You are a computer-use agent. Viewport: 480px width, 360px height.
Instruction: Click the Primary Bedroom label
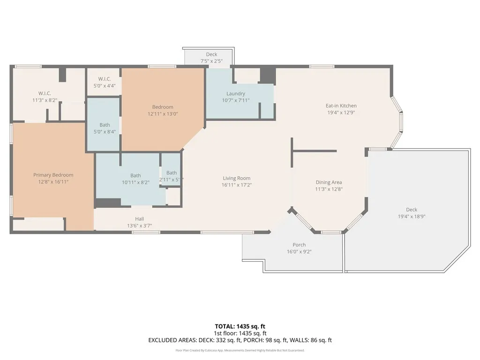click(x=53, y=175)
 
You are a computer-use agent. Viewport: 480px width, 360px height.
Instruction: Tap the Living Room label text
click(x=236, y=178)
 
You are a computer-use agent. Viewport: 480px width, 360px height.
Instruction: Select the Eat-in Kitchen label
click(x=341, y=106)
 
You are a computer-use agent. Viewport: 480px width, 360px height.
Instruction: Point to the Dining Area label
click(x=329, y=182)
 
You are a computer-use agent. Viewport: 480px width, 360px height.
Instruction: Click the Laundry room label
click(x=236, y=94)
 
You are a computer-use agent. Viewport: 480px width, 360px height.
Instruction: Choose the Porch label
click(x=299, y=245)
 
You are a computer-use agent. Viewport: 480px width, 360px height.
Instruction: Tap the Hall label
click(x=140, y=219)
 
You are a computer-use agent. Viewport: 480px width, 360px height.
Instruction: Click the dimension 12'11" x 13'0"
click(x=163, y=114)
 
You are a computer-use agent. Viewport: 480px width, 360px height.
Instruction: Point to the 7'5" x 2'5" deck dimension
click(x=211, y=61)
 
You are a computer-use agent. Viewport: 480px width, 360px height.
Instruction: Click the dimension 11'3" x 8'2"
click(x=45, y=100)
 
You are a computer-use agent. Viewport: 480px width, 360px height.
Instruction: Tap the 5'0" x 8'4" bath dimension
click(x=105, y=132)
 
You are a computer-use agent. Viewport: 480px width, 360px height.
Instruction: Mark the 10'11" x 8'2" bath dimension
click(x=135, y=183)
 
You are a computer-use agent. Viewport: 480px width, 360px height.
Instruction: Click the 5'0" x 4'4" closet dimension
click(x=104, y=86)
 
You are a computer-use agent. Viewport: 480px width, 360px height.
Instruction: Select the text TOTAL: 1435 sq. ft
click(x=240, y=326)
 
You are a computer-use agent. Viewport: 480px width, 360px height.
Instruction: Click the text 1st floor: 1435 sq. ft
click(x=240, y=333)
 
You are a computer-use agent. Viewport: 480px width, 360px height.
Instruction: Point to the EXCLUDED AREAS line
click(x=240, y=340)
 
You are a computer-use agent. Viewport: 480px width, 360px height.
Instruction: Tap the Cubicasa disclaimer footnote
click(x=240, y=350)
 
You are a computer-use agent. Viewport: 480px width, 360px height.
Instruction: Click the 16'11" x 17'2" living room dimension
click(x=236, y=185)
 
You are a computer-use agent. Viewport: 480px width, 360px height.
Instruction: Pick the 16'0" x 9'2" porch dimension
click(x=299, y=252)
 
